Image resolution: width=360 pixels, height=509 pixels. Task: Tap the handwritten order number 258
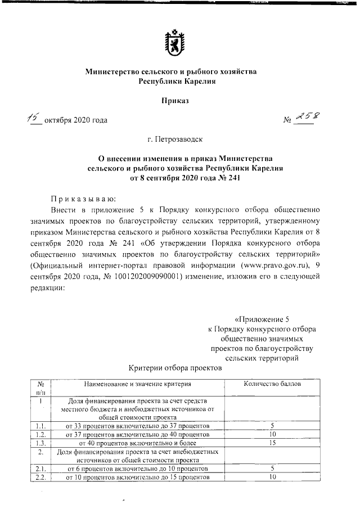[x=307, y=116]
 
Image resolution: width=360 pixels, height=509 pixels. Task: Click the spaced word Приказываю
[x=82, y=198]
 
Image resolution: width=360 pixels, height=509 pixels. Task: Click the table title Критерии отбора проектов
[x=175, y=368]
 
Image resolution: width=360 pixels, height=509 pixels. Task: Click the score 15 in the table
[x=272, y=443]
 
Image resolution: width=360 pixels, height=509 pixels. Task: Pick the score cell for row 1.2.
[x=272, y=434]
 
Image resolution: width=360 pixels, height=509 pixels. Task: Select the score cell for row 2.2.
[x=272, y=477]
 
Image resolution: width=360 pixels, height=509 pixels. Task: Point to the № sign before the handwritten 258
[x=287, y=119]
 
